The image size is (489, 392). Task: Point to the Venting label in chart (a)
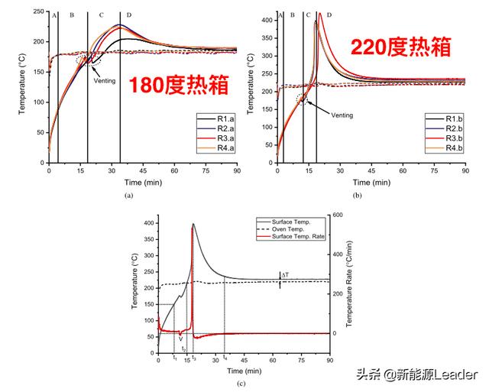pyautogui.click(x=105, y=80)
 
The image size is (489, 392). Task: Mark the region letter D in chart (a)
pyautogui.click(x=128, y=15)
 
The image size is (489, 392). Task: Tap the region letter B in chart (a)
pyautogui.click(x=72, y=15)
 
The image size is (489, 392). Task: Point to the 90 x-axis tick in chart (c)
pyautogui.click(x=329, y=360)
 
